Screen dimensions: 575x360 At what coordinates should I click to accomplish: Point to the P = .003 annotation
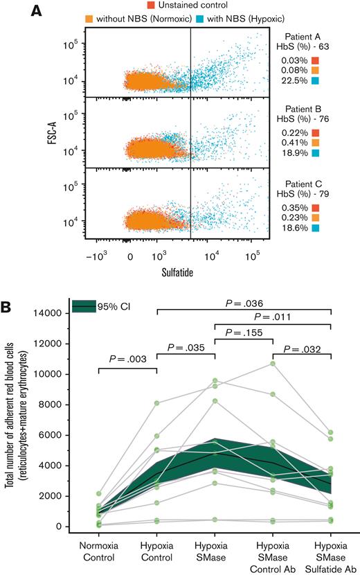tap(129, 359)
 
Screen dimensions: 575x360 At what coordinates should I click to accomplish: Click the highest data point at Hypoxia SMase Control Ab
tap(274, 363)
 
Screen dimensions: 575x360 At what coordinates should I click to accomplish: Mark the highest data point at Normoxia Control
tap(100, 493)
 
